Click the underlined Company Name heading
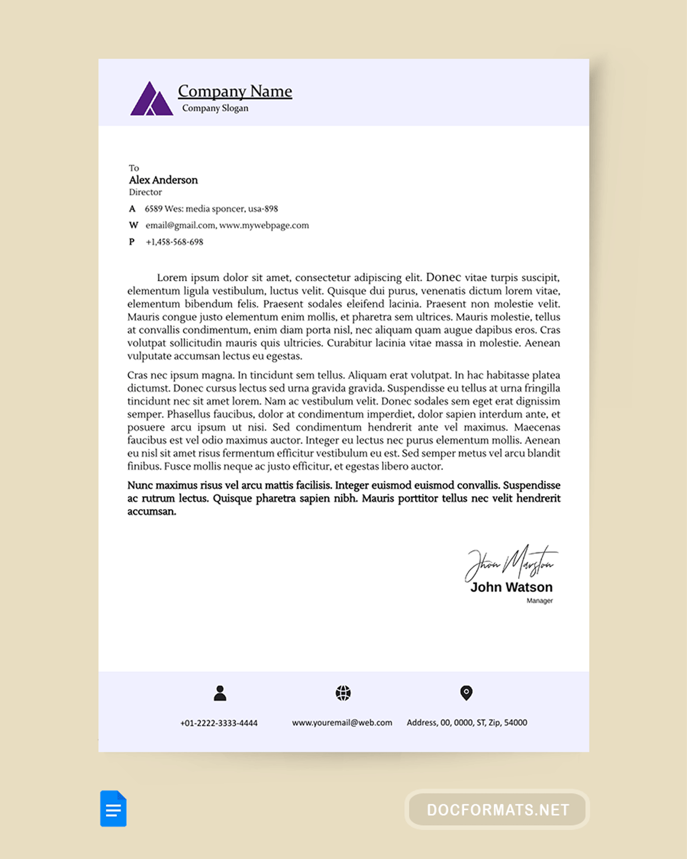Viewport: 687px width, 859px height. tap(235, 91)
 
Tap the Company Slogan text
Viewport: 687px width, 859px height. tap(215, 108)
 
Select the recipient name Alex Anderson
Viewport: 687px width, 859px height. tap(163, 180)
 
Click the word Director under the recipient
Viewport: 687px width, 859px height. tap(145, 192)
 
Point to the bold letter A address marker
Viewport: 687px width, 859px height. tap(132, 209)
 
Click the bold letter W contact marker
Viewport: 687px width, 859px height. tap(133, 225)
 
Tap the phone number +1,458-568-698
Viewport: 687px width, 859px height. tap(174, 242)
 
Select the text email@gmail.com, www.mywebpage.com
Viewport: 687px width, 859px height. tap(227, 225)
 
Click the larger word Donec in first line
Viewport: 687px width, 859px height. tap(443, 277)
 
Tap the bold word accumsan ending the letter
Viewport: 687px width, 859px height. tap(152, 512)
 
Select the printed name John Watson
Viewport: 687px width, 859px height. tap(511, 587)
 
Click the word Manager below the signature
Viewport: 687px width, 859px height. tap(540, 601)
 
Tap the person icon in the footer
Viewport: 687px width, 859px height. tap(220, 693)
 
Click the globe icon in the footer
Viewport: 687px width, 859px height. tap(343, 693)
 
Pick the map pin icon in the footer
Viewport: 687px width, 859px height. tap(466, 693)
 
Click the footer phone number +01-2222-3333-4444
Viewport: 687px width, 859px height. tap(219, 723)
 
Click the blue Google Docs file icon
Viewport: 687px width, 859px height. tap(113, 809)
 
